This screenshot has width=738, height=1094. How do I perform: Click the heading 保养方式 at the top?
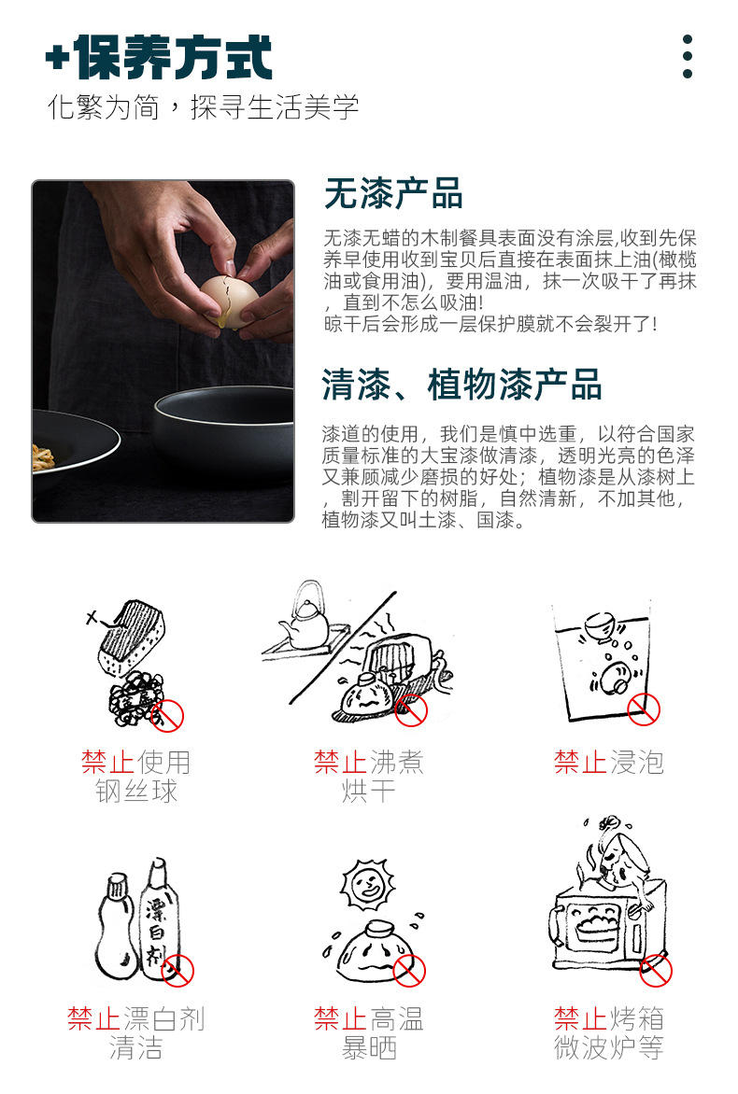click(159, 58)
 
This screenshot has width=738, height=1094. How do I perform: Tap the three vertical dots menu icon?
click(688, 57)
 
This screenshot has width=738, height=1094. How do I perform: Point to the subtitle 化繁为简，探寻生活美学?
click(203, 106)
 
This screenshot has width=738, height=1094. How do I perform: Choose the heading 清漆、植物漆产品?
click(461, 385)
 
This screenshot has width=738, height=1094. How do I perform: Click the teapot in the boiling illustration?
click(305, 621)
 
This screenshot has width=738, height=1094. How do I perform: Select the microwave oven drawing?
click(598, 934)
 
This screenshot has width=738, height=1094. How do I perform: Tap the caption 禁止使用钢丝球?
click(136, 777)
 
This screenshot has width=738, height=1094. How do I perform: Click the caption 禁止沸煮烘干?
click(369, 777)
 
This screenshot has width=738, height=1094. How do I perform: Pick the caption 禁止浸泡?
click(608, 763)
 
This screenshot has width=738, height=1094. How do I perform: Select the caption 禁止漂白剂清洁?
click(136, 1033)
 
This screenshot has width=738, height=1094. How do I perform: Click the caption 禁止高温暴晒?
click(369, 1033)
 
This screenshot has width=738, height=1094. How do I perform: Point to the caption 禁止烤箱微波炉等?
click(608, 1033)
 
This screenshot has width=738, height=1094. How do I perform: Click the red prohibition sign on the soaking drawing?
click(644, 709)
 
